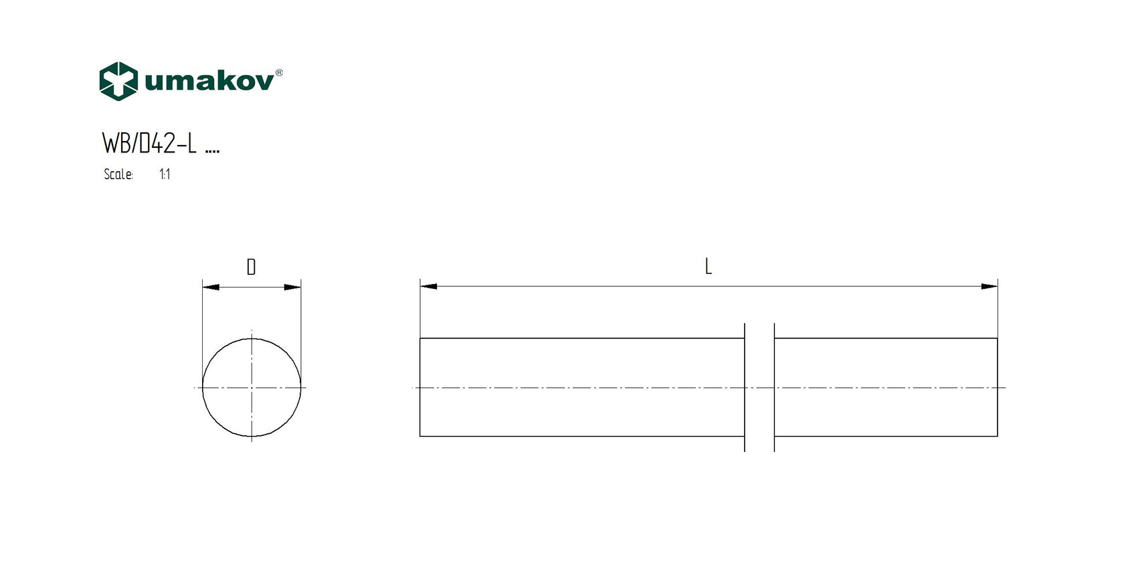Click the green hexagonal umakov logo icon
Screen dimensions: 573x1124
118,81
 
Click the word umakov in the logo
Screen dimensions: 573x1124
209,82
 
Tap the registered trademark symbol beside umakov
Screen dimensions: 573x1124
279,72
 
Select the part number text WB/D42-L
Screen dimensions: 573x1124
149,143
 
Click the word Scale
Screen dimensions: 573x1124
118,175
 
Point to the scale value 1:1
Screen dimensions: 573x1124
165,175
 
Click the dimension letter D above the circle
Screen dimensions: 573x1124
251,267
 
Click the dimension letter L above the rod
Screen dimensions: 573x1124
709,267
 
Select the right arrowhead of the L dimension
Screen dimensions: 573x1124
989,286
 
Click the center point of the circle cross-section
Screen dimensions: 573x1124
252,388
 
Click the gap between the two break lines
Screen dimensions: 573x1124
759,388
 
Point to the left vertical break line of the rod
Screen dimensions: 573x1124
745,388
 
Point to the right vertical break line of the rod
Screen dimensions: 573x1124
774,388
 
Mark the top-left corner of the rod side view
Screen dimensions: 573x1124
420,339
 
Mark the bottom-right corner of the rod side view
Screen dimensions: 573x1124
998,437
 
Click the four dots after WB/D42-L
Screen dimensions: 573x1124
212,152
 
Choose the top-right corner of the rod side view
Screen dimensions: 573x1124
998,339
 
